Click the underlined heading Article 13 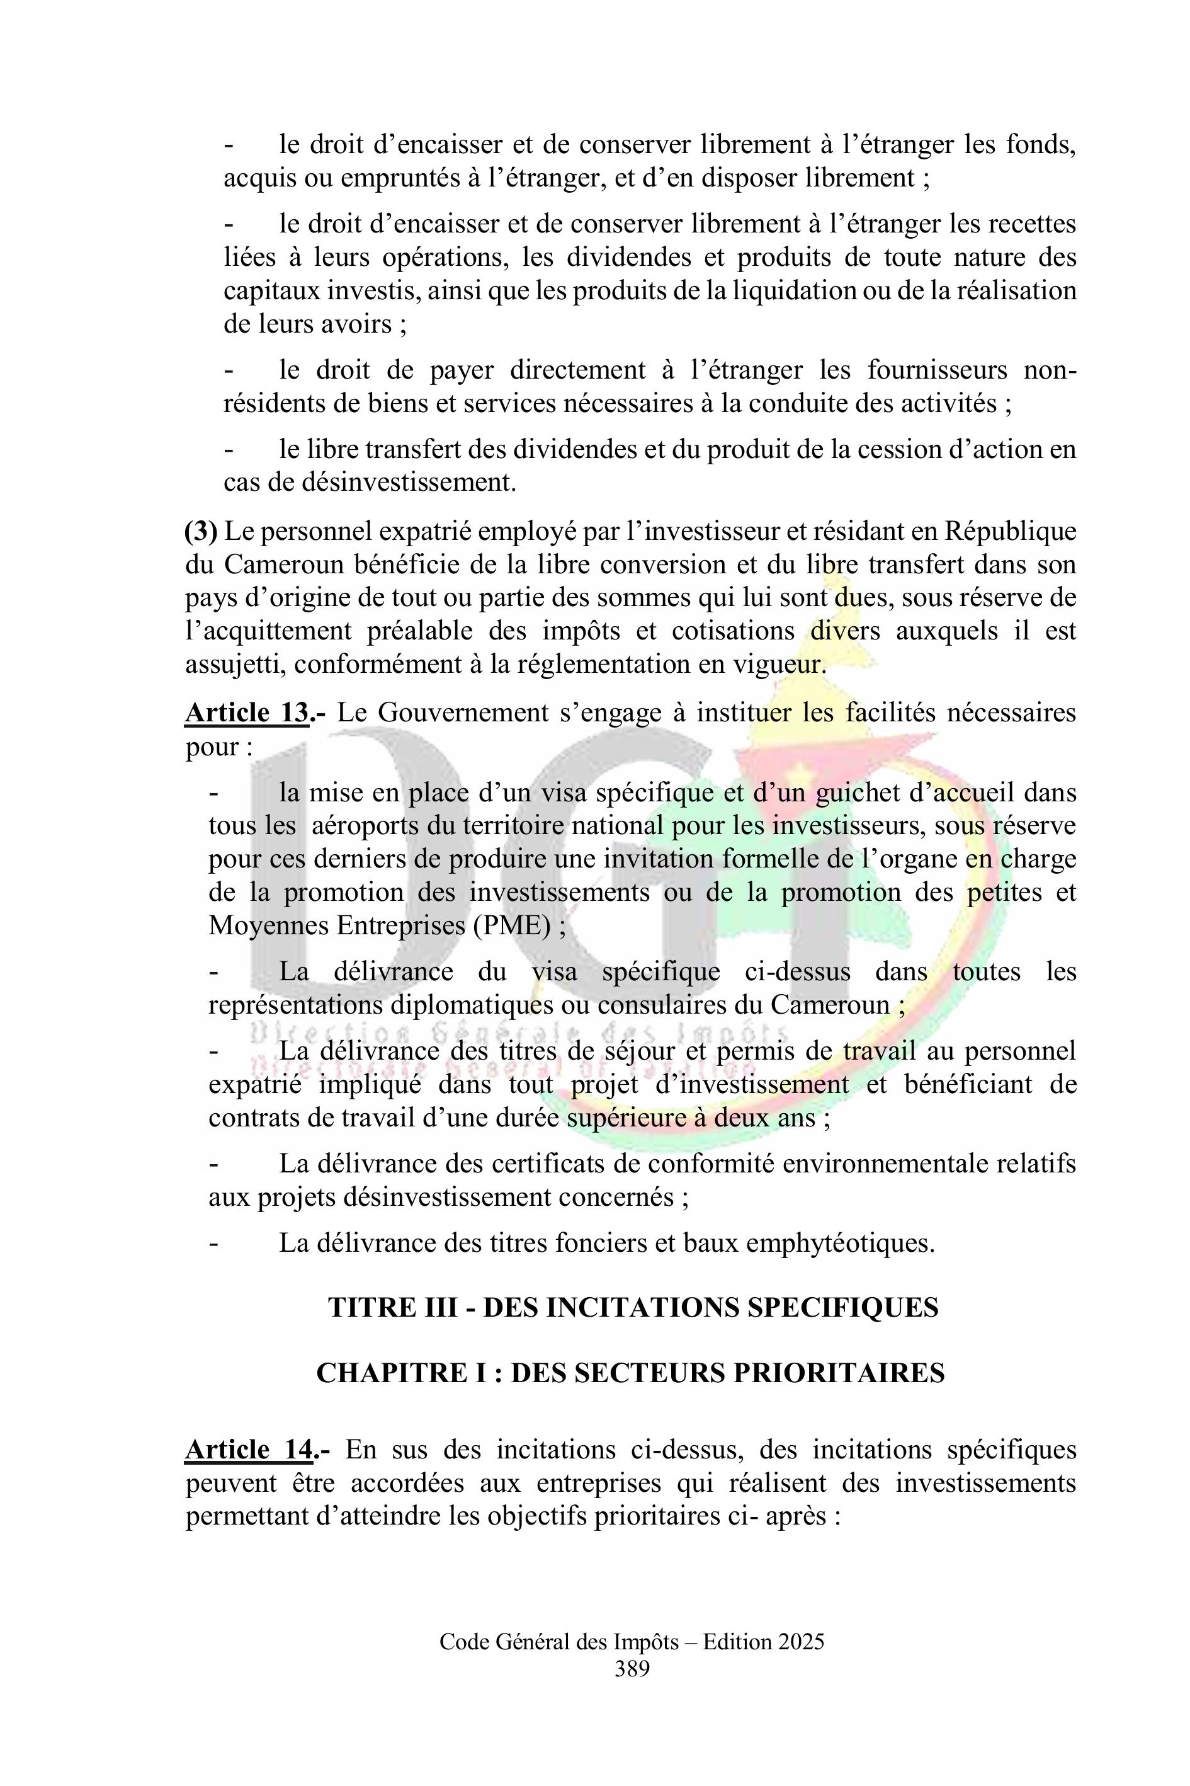247,713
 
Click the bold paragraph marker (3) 201,532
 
